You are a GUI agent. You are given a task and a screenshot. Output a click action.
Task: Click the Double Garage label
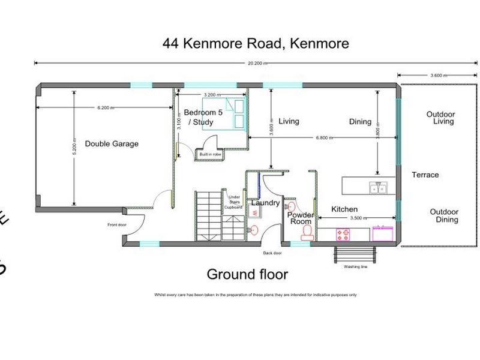112,144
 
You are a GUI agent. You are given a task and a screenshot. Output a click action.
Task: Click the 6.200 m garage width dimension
106,107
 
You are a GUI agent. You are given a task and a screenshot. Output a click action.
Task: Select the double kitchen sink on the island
378,188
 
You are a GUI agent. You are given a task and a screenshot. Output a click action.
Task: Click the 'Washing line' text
356,267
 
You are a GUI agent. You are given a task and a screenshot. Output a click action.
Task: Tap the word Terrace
425,175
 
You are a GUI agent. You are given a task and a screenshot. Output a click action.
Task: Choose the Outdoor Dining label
444,216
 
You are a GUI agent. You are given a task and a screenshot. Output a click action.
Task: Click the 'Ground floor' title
247,275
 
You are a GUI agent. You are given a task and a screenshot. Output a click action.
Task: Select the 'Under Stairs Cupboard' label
233,201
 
